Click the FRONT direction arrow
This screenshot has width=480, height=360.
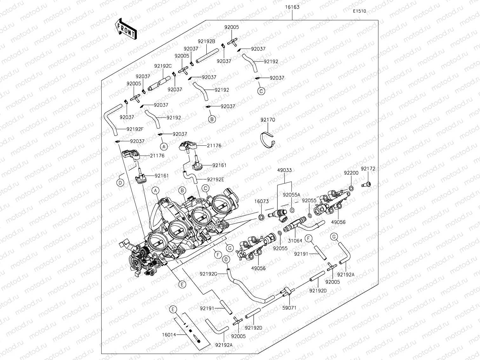point(126,29)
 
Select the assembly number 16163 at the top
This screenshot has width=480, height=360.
point(292,7)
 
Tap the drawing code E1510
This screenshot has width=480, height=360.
point(359,11)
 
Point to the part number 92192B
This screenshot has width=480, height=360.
point(206,41)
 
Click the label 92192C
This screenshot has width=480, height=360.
point(163,66)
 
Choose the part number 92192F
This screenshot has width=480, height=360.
point(135,129)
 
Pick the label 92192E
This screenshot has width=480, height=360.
point(215,179)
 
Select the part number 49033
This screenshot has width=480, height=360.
point(284,170)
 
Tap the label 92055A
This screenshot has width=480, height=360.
point(291,195)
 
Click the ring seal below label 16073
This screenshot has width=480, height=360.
point(261,217)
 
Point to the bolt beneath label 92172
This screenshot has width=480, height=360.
point(367,184)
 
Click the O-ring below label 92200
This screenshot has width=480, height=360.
point(351,189)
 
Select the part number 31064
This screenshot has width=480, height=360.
point(295,241)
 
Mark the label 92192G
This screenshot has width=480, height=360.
point(209,273)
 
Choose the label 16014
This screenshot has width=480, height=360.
point(170,334)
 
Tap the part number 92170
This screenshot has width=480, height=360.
point(268,120)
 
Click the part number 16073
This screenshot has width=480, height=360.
point(261,201)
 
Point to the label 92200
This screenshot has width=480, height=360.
point(351,173)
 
